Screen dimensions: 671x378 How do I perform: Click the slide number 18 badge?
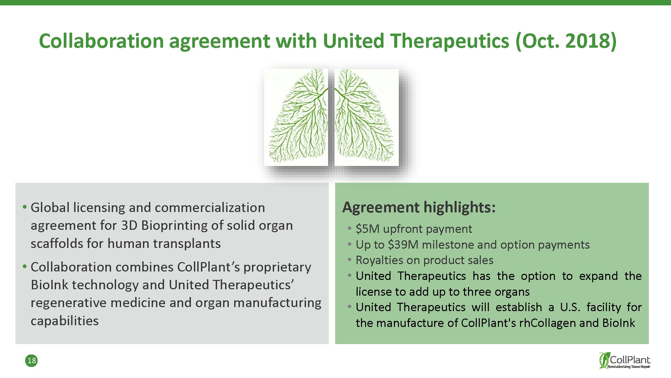click(x=32, y=361)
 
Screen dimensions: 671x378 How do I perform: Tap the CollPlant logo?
click(x=625, y=360)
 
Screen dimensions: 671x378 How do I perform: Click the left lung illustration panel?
click(x=296, y=117)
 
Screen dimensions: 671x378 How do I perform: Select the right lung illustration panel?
click(x=367, y=117)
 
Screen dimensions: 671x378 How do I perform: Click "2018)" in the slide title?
click(x=590, y=41)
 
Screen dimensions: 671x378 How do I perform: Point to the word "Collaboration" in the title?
click(x=101, y=41)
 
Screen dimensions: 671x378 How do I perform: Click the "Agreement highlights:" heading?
click(x=419, y=207)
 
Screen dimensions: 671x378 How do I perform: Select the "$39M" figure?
click(x=403, y=245)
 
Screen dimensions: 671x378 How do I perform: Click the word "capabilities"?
click(x=65, y=321)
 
